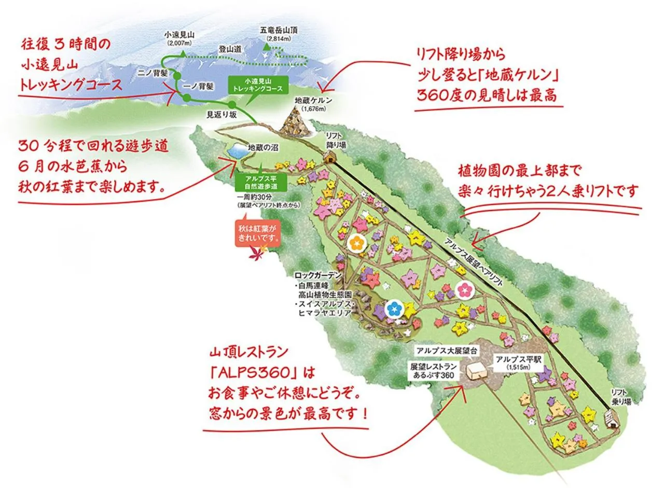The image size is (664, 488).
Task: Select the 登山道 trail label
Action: [230, 49]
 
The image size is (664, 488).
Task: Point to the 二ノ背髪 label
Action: [153, 73]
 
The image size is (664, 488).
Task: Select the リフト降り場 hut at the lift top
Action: [329, 158]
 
